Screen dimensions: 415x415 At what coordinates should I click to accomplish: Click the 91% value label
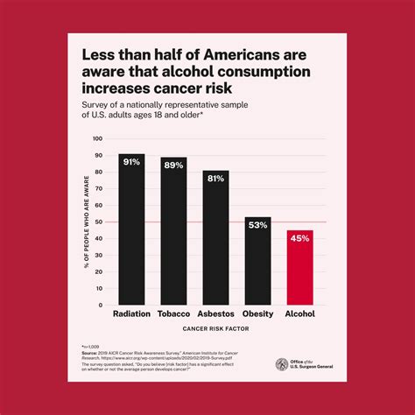click(x=131, y=162)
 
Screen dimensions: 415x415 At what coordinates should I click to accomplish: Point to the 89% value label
click(x=173, y=165)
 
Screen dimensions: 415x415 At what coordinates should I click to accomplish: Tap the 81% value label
click(x=215, y=179)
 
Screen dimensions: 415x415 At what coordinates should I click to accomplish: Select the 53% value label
click(x=257, y=225)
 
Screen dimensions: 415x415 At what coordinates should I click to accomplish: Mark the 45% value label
click(x=299, y=239)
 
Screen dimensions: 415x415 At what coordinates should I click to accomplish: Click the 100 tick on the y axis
click(x=98, y=138)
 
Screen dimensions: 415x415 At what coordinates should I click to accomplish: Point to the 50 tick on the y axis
click(x=100, y=222)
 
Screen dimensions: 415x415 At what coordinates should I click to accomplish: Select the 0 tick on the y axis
click(x=102, y=305)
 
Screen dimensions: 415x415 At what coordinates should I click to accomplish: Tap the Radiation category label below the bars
click(x=131, y=313)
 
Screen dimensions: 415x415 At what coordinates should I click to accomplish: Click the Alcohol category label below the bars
click(x=299, y=313)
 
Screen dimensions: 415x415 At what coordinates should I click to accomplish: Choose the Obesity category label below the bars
click(x=257, y=313)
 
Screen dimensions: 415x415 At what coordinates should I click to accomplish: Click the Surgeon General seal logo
click(x=282, y=363)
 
